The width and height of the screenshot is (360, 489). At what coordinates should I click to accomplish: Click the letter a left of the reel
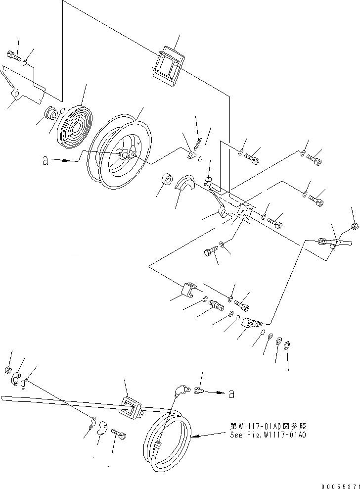(x=45, y=161)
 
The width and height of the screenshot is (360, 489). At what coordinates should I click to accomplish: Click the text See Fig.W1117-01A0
(x=268, y=435)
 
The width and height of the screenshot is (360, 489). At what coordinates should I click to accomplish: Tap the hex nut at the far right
(x=354, y=227)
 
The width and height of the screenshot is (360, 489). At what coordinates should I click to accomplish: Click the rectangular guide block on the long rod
(x=132, y=406)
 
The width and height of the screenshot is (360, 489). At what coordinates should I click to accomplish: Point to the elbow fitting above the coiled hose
(x=180, y=391)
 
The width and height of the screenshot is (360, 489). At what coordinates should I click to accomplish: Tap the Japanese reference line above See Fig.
(x=268, y=426)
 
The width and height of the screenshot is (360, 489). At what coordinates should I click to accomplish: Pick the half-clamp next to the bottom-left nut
(x=16, y=379)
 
